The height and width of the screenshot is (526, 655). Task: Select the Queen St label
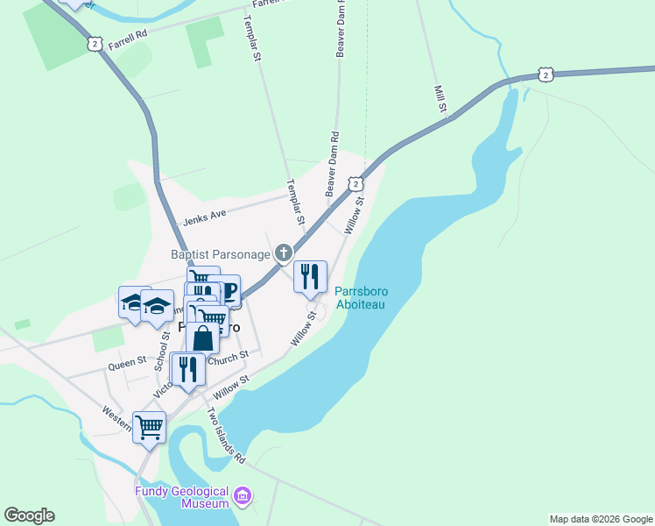click(127, 363)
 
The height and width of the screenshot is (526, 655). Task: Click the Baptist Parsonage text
click(220, 254)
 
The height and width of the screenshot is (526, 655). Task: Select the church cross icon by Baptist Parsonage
click(283, 253)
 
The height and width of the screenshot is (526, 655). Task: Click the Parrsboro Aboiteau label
click(361, 298)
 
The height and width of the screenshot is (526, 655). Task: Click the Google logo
click(29, 515)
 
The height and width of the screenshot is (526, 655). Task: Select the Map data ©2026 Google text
click(600, 519)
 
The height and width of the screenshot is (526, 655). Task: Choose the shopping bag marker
click(202, 338)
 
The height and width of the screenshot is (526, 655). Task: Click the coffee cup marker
click(224, 291)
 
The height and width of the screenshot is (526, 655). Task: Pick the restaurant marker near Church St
click(188, 368)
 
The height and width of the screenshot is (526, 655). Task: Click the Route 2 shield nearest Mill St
click(546, 75)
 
